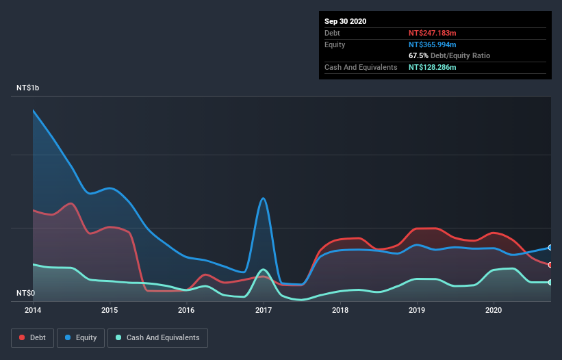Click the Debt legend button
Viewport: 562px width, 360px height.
(32, 337)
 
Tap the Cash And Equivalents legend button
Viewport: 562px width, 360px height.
(157, 337)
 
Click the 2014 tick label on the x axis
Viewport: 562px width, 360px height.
(33, 310)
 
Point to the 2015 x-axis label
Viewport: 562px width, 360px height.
(110, 310)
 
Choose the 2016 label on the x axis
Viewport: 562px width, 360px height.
(186, 310)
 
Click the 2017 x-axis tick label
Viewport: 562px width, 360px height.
(264, 310)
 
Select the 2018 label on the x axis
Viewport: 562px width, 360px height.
(340, 310)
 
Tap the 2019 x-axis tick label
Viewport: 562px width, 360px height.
(417, 310)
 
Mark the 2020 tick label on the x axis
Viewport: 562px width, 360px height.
(494, 310)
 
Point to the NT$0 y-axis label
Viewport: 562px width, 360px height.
(26, 293)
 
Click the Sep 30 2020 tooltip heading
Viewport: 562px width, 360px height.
(346, 21)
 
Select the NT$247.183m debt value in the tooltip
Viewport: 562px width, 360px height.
(433, 33)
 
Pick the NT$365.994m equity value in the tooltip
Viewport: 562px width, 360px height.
(433, 44)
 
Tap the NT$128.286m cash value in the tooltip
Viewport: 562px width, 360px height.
(433, 67)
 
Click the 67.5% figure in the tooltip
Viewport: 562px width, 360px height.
(418, 55)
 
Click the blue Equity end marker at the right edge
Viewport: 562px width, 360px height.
(550, 248)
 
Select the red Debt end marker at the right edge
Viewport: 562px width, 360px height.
(550, 265)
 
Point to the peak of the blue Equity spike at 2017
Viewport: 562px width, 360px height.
(264, 198)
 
